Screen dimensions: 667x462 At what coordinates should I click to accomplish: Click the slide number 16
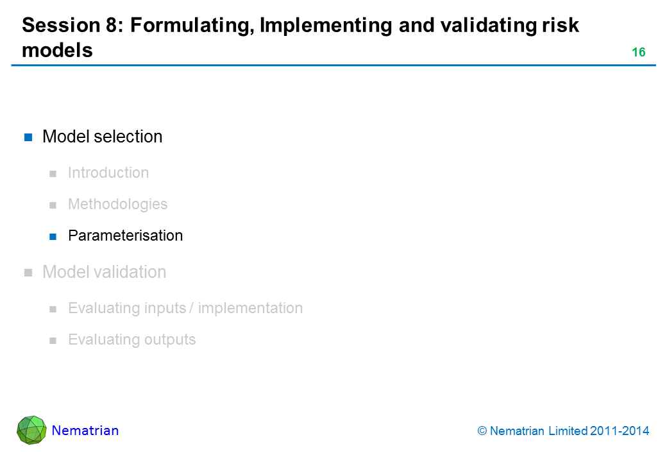coord(639,53)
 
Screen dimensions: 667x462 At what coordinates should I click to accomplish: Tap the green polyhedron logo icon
coord(31,430)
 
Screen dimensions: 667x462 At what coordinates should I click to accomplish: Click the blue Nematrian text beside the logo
coord(85,431)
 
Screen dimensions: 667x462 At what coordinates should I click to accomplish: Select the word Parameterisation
coord(126,235)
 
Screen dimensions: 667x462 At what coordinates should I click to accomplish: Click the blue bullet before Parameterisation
coord(53,237)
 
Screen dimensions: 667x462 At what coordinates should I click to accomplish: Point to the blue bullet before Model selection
coord(28,137)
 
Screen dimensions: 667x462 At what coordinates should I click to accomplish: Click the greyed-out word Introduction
coord(108,173)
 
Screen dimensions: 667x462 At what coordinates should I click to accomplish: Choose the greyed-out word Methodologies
coord(118,204)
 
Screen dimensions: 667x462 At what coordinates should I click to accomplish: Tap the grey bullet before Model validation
coord(28,273)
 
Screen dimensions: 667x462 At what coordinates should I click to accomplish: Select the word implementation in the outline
coord(251,308)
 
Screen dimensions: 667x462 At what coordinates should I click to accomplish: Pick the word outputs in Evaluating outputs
coord(170,339)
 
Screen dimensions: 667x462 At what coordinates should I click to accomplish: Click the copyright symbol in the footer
coord(482,431)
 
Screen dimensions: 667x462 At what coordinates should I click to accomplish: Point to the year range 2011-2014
coord(620,431)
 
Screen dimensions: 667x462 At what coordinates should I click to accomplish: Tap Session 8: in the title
coord(72,25)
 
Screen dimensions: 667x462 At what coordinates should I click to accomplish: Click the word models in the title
coord(58,50)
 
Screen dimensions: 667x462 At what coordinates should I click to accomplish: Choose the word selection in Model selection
coord(128,137)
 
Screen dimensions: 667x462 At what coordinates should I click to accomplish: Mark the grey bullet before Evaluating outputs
coord(53,340)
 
